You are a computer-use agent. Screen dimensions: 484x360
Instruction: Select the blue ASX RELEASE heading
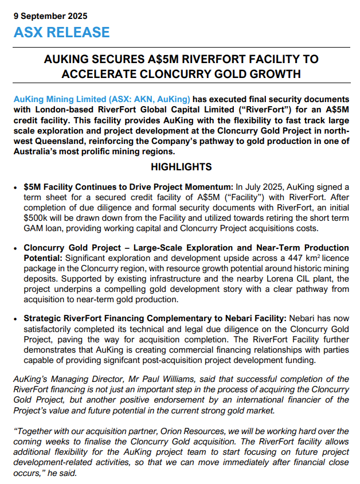61,32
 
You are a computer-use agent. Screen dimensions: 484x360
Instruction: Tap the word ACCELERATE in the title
93,74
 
